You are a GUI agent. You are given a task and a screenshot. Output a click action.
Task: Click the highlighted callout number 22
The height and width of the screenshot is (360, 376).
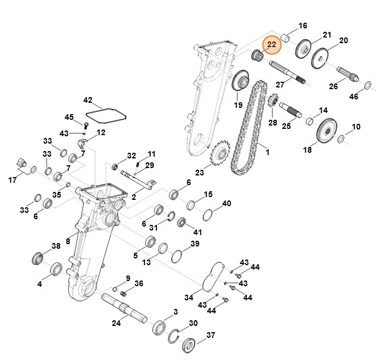pos(271,44)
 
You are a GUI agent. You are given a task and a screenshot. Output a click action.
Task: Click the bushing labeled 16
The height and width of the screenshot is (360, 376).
pos(287,39)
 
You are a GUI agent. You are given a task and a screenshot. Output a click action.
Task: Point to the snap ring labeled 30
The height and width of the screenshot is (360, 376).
pos(178,336)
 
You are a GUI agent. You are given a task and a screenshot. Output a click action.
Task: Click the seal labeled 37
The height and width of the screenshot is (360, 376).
pos(188,344)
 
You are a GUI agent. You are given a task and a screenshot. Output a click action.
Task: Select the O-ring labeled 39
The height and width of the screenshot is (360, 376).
pos(177,256)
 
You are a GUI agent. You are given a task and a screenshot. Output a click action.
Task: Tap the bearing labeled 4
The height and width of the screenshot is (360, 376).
pos(57,269)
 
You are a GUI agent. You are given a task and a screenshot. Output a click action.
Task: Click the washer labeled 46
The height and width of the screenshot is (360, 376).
pos(367,85)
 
